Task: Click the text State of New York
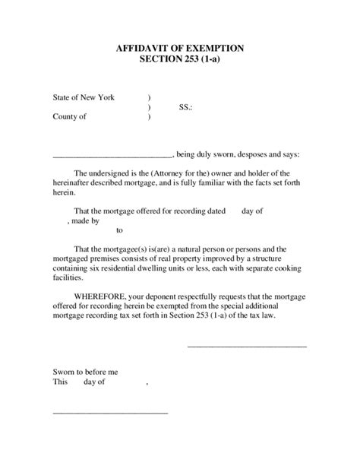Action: click(84, 98)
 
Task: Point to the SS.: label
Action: click(185, 108)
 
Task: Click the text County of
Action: click(69, 117)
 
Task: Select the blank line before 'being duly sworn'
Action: click(112, 155)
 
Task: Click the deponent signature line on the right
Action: click(247, 346)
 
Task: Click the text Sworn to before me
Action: click(86, 372)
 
